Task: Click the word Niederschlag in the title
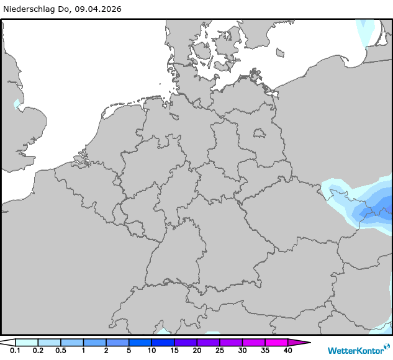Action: (x=29, y=9)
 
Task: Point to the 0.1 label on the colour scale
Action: (x=15, y=351)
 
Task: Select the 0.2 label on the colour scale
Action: (x=38, y=351)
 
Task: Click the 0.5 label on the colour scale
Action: (x=61, y=351)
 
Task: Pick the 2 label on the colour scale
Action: (x=106, y=351)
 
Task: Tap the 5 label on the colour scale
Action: (x=129, y=351)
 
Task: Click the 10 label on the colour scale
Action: (x=151, y=351)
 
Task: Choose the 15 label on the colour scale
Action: (x=174, y=351)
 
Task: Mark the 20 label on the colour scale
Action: (x=197, y=351)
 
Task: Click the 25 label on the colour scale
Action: (x=220, y=351)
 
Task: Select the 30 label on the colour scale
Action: (x=242, y=351)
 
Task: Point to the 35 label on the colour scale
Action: (x=265, y=351)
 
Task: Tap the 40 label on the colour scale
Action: (x=287, y=351)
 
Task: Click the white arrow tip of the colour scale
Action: (x=7, y=342)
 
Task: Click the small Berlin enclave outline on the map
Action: (x=260, y=132)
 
